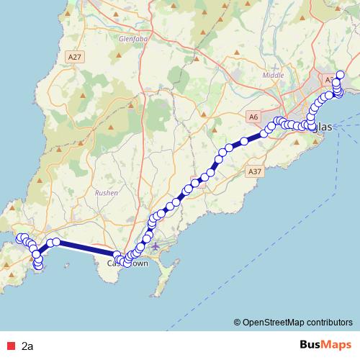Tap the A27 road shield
73,55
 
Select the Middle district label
274,74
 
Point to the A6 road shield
253,116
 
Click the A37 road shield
253,172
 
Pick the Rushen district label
107,192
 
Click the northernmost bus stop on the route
341,75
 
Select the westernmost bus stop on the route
20,238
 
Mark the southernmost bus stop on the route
38,268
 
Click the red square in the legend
9,346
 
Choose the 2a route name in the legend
27,346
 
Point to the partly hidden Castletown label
128,264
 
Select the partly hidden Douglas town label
324,127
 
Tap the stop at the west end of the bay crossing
55,242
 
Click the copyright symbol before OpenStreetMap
237,323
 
